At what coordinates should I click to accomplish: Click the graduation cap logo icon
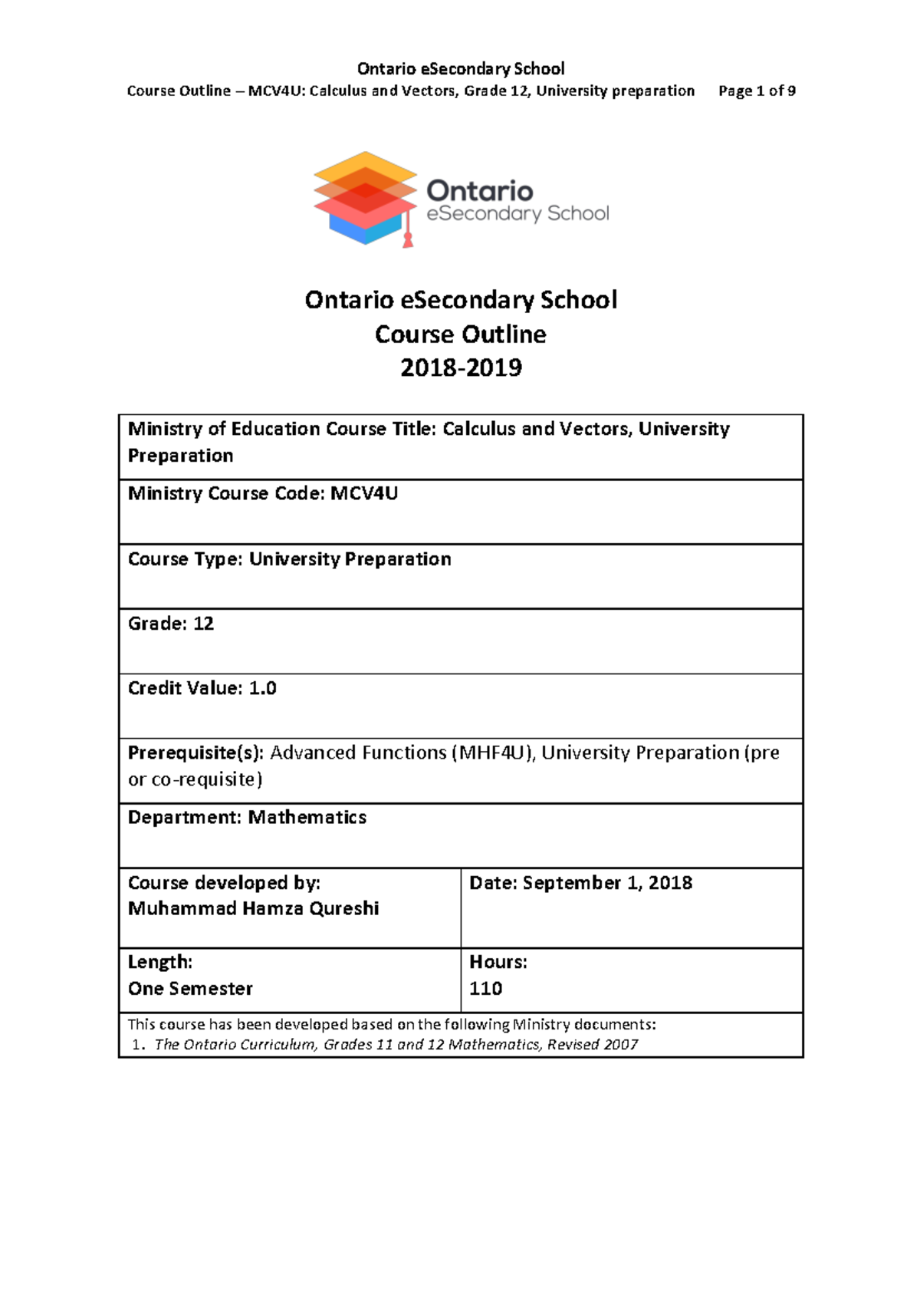(x=365, y=198)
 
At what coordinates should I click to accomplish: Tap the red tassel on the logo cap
(x=408, y=240)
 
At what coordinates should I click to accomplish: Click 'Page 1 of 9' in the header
(x=756, y=91)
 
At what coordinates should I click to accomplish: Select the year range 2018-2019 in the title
(x=460, y=368)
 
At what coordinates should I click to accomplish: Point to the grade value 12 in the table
(x=203, y=624)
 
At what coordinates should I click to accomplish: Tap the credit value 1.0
(x=262, y=688)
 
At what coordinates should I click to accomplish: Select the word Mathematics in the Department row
(x=307, y=818)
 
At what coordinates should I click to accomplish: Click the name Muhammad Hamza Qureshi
(x=253, y=909)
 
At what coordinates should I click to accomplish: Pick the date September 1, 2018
(x=607, y=883)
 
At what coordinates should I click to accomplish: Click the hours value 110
(x=485, y=989)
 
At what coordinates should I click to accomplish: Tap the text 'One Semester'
(x=190, y=989)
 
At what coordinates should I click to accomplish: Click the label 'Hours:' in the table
(x=498, y=962)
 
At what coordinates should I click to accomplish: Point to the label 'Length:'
(x=159, y=962)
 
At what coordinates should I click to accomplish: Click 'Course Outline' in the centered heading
(x=460, y=334)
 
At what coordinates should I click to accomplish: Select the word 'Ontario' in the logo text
(x=479, y=190)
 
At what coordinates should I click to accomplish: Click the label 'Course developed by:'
(x=224, y=883)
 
